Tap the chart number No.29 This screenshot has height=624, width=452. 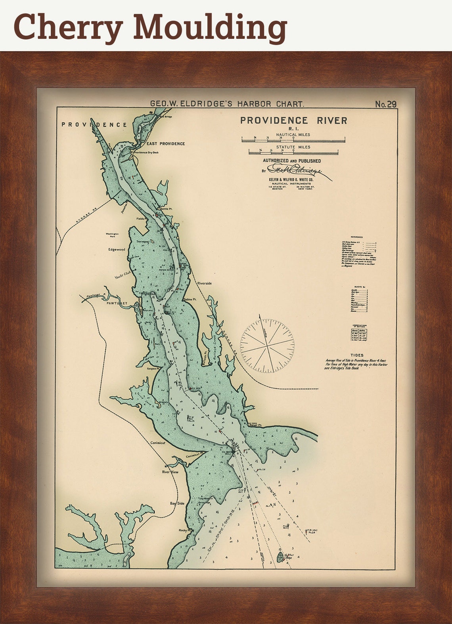(385, 104)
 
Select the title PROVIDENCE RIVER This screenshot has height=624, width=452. (293, 120)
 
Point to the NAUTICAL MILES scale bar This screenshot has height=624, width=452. (293, 139)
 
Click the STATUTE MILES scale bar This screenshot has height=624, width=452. (293, 152)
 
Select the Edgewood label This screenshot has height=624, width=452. (117, 250)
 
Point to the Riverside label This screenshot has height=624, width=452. (205, 284)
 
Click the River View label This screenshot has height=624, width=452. (170, 472)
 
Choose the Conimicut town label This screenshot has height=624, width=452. (157, 443)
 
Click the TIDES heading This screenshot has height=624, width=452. (356, 355)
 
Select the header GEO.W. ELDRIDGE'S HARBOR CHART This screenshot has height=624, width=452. (227, 104)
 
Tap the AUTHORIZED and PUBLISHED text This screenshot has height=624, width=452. (292, 161)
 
